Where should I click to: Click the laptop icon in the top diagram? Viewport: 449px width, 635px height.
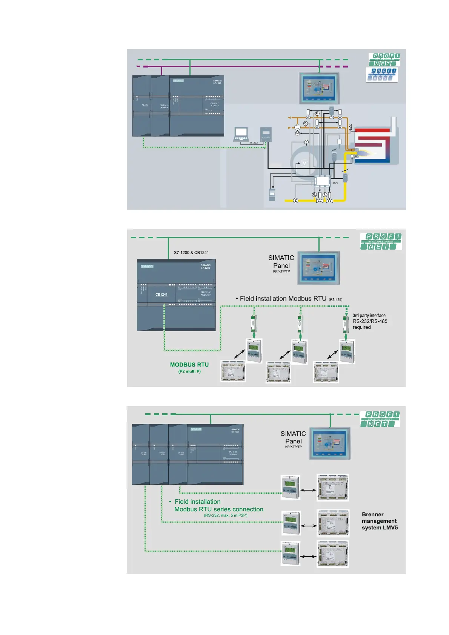tap(241, 134)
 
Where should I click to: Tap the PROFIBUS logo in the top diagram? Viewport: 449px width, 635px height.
tap(382, 75)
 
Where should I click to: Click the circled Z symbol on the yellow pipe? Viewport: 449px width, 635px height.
tap(295, 201)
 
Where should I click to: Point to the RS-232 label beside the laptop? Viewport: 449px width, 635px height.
tap(254, 143)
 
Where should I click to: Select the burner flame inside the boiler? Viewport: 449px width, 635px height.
tap(364, 154)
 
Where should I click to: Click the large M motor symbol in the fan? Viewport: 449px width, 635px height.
tap(304, 163)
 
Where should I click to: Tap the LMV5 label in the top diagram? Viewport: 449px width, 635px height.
tap(335, 183)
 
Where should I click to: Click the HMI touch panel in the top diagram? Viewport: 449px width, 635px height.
tap(319, 88)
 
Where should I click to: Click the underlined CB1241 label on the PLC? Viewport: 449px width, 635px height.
tap(161, 294)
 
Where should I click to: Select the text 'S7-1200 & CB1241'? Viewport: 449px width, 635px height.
tap(191, 253)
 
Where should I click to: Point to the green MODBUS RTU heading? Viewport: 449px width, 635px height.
tap(189, 365)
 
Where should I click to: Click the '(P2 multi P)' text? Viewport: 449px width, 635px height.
tap(189, 371)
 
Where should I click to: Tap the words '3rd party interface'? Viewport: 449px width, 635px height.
tap(369, 316)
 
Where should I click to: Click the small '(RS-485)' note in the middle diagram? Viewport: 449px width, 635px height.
tap(335, 300)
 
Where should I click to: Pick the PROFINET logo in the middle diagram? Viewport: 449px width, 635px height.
tap(381, 241)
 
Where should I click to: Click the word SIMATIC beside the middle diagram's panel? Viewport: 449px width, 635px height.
tap(281, 258)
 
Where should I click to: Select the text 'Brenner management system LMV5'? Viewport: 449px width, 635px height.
tap(380, 521)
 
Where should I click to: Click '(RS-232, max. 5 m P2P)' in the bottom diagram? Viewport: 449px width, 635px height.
tap(226, 515)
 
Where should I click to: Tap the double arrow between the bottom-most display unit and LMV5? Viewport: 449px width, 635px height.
tap(309, 556)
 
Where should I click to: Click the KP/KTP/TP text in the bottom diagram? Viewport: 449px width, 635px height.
tap(293, 447)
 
